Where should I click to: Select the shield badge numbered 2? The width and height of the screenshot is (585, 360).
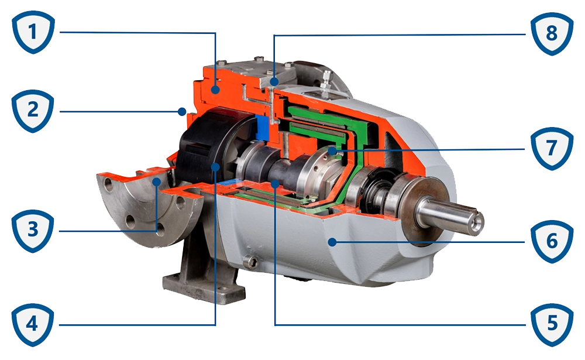coord(33,109)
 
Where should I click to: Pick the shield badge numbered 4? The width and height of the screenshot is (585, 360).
coord(33,324)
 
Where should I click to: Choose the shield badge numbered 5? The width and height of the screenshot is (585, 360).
coord(551,324)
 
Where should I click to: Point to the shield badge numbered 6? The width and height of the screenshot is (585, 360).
coord(551,241)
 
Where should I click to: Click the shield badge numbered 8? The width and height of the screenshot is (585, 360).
coord(551,33)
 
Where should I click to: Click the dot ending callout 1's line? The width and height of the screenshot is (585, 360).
coord(216,90)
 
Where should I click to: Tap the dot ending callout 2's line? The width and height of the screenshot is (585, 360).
coord(183,109)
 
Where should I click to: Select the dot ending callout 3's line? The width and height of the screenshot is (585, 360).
coord(157,183)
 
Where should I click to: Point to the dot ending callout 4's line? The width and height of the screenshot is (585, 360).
coord(216,167)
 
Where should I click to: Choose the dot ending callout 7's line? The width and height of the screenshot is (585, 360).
coord(332,151)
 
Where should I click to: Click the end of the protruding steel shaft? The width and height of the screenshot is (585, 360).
coord(477,221)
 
